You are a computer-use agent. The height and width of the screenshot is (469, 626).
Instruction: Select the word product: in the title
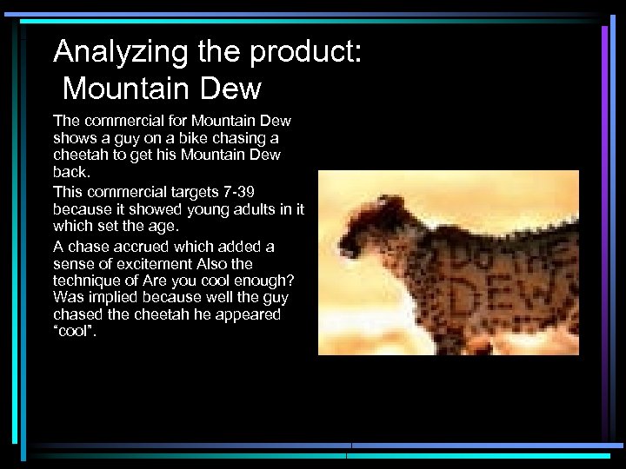click(x=304, y=54)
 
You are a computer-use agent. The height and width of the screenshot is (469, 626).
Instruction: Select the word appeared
click(x=250, y=314)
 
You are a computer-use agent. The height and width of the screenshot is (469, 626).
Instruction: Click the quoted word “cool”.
click(x=76, y=332)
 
